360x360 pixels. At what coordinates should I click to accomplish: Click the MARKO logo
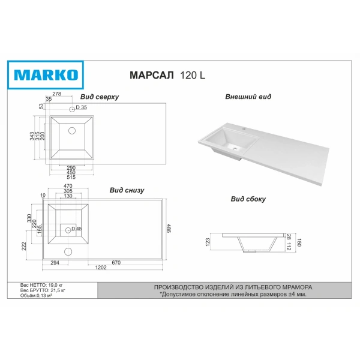[x=46, y=75]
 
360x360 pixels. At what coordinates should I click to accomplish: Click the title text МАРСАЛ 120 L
[x=167, y=75]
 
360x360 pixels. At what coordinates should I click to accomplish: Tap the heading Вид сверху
[x=100, y=97]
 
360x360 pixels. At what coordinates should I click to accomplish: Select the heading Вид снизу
[x=127, y=190]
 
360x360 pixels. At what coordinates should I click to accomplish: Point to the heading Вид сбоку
[x=248, y=199]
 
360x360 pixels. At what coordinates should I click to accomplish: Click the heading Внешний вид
[x=248, y=97]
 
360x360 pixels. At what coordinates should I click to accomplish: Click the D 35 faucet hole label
[x=81, y=107]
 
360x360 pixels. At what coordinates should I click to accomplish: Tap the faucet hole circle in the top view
[x=72, y=109]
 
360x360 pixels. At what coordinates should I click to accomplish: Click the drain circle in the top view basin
[x=72, y=131]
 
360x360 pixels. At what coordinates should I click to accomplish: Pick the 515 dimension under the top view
[x=71, y=177]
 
